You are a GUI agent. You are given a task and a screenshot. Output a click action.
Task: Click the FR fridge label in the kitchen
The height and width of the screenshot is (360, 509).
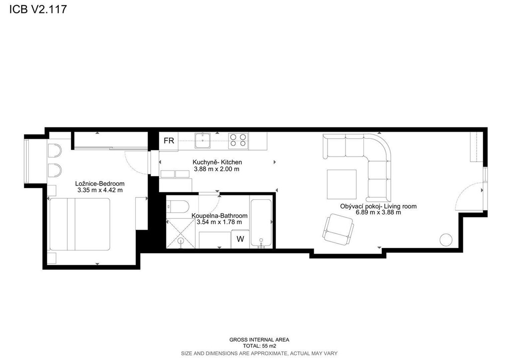(x=169, y=141)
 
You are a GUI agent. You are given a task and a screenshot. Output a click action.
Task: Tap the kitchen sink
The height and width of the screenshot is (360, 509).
(x=203, y=141)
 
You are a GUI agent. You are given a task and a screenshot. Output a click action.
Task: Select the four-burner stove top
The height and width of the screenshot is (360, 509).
(x=238, y=141)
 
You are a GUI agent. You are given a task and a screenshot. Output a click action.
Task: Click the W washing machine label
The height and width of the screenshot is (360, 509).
(x=240, y=239)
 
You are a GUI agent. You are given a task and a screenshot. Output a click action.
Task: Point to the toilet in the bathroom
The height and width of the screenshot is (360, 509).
(x=177, y=207)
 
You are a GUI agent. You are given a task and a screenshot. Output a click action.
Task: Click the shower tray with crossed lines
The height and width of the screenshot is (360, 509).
(x=180, y=233)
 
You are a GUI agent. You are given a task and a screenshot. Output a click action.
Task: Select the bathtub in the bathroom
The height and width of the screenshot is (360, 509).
(x=261, y=222)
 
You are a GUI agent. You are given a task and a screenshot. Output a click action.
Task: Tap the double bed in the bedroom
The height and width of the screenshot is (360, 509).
(x=80, y=224)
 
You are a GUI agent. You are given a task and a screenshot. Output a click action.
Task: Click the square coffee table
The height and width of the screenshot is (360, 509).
(x=341, y=184)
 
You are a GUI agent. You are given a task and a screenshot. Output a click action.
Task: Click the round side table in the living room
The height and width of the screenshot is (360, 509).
(x=446, y=240)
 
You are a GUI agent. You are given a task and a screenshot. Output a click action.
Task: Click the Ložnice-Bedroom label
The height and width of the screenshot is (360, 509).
(x=99, y=184)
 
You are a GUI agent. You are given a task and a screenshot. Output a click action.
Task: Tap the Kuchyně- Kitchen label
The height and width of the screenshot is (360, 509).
(x=217, y=162)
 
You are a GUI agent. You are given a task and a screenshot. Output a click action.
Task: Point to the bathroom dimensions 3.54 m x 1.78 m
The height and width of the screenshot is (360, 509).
(x=219, y=222)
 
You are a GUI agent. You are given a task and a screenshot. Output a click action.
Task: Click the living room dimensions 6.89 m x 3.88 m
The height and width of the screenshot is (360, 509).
(x=378, y=213)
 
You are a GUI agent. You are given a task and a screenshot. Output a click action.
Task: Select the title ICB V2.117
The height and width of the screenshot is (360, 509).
(x=38, y=9)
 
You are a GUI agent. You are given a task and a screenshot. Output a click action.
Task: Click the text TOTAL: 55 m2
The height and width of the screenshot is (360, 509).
(x=259, y=346)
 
